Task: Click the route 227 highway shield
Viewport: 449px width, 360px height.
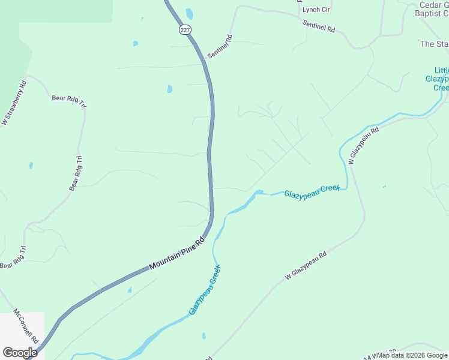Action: [183, 29]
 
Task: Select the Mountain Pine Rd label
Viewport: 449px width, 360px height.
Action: [177, 253]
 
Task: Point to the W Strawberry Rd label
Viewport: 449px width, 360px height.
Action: [14, 103]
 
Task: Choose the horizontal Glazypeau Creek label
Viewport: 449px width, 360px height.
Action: [312, 191]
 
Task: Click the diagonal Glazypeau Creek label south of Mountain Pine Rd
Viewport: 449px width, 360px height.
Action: [205, 290]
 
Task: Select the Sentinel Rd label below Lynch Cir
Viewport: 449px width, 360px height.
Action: [319, 25]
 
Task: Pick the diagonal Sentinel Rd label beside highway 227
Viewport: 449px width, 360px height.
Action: [220, 47]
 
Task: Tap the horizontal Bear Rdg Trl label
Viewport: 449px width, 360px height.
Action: [69, 101]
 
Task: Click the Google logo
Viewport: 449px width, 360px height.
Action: [20, 352]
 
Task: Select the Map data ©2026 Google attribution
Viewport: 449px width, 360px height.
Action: [412, 355]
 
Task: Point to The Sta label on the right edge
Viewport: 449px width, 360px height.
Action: [434, 44]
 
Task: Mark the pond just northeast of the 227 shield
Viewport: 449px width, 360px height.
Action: [190, 13]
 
